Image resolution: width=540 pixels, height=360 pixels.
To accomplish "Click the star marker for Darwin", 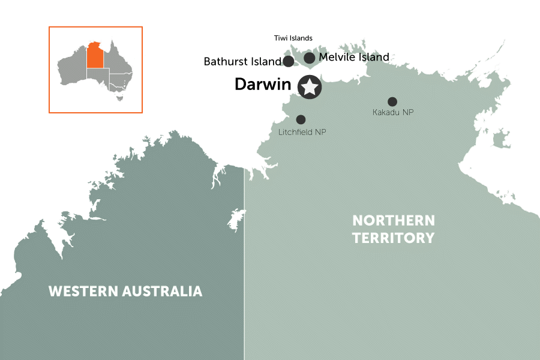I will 310,88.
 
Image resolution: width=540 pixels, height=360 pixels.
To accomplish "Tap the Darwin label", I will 262,85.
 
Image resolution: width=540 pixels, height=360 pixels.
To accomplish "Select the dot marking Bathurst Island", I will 288,61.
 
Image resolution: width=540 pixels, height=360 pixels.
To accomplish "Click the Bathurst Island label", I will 242,61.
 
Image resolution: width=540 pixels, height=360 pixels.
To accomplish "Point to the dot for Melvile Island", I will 310,58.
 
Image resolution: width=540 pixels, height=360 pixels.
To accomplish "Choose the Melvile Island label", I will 354,58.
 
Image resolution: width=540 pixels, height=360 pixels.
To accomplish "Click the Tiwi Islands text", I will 293,38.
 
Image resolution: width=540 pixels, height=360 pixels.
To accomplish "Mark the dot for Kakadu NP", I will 392,102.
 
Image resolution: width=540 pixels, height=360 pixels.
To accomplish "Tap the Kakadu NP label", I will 393,113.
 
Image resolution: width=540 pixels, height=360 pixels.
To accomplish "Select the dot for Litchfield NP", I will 301,119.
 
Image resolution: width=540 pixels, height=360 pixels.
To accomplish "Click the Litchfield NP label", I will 302,132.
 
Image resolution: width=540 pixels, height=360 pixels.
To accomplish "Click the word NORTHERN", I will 393,220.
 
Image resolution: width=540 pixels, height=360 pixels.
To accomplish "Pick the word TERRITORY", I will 393,238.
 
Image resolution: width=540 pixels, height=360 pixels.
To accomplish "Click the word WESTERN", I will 83,292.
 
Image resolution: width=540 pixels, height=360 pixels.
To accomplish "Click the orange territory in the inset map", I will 94,55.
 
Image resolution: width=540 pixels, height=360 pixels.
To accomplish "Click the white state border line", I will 244,270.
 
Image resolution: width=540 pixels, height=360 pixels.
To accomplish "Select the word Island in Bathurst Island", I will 267,61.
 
